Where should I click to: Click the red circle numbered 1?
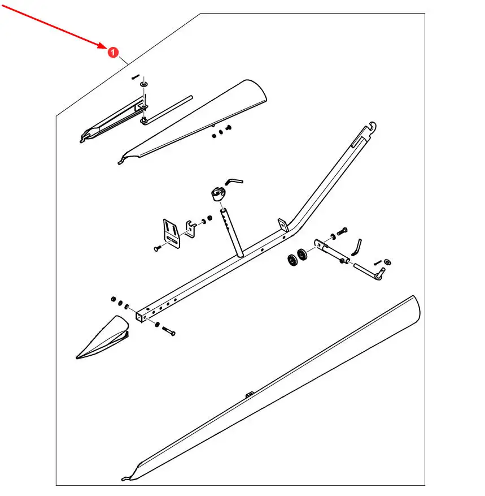tap(113, 52)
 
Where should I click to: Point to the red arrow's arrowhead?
tap(102, 46)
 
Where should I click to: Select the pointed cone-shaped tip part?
tap(102, 337)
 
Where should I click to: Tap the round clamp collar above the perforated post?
tap(218, 193)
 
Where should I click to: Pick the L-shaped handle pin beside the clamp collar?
tap(234, 181)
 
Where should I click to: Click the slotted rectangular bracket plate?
tap(172, 234)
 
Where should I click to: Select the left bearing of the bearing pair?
tap(292, 260)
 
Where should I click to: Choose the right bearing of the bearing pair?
tap(302, 255)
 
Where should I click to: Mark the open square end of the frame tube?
tap(140, 316)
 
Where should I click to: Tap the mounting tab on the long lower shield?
tap(250, 394)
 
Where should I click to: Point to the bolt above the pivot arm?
tap(342, 231)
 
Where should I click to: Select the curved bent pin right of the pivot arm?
tap(356, 247)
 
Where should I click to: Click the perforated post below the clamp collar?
tap(231, 232)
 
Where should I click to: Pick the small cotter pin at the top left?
tap(136, 77)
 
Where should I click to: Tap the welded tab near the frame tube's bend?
tap(283, 225)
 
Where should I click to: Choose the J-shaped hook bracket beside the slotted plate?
tap(191, 229)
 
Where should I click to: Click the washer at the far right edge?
tap(387, 262)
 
